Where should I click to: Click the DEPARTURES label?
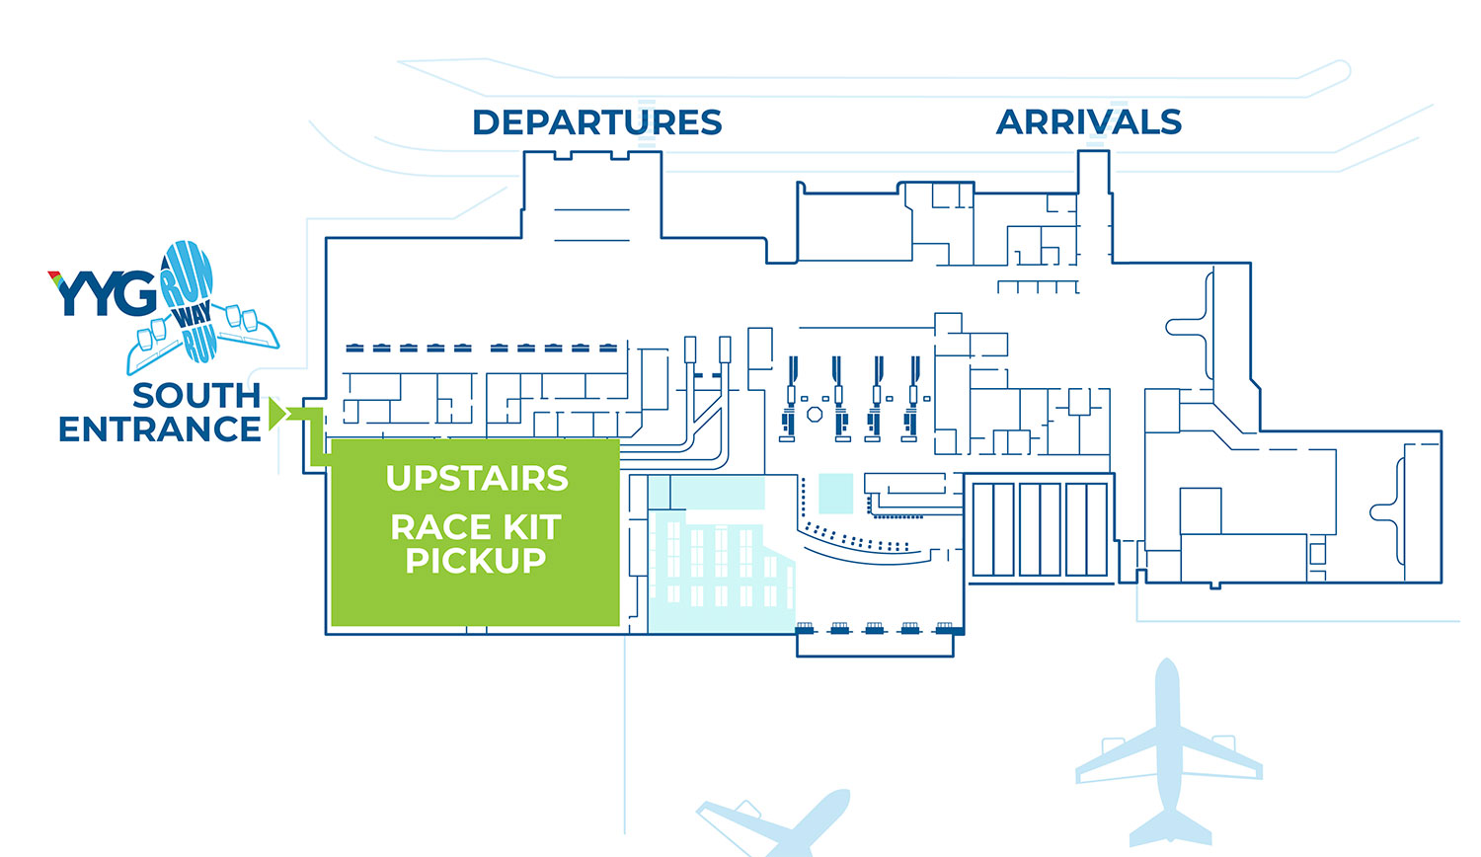pyautogui.click(x=596, y=122)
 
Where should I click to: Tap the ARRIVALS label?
pyautogui.click(x=1088, y=122)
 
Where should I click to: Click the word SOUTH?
pyautogui.click(x=196, y=395)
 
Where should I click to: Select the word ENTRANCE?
pyautogui.click(x=160, y=429)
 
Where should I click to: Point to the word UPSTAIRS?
pyautogui.click(x=477, y=478)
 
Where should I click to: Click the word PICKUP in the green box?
pyautogui.click(x=475, y=561)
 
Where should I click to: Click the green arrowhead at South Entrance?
pyautogui.click(x=276, y=414)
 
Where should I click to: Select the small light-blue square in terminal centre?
pyautogui.click(x=835, y=494)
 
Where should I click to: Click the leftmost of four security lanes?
pyautogui.click(x=790, y=400)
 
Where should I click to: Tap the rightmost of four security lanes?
pyautogui.click(x=914, y=400)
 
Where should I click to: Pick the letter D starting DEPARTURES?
pyautogui.click(x=488, y=122)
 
